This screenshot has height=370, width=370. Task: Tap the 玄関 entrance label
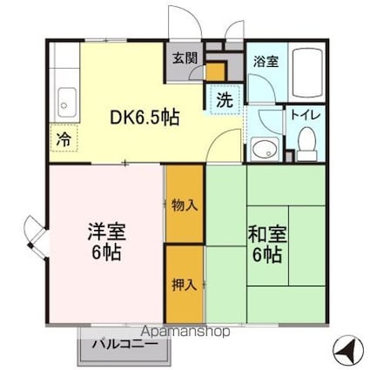[x=183, y=59]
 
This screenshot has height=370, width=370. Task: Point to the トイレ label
[x=304, y=113]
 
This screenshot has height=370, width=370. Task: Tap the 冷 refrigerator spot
[x=64, y=138]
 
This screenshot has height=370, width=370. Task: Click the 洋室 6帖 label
[x=105, y=243]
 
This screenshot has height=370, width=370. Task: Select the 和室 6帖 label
[x=266, y=243]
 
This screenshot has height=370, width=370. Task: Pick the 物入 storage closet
[x=185, y=206]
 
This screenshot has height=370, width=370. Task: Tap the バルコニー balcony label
[x=125, y=345]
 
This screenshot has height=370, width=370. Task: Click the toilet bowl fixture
[x=306, y=139]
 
